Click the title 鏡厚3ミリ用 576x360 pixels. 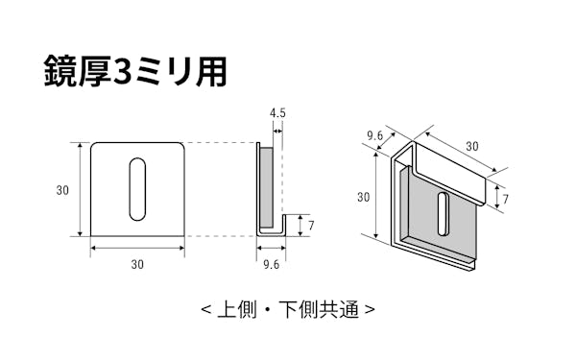pos(134,71)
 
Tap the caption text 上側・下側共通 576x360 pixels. pos(288,310)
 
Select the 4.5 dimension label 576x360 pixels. pos(277,113)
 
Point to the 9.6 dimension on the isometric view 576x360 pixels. pos(375,135)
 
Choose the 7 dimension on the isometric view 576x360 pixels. pos(506,200)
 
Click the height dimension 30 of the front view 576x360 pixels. pos(62,190)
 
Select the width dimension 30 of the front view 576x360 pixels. pos(138,262)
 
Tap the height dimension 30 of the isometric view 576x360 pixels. pos(363,198)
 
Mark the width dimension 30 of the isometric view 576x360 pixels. pos(471,147)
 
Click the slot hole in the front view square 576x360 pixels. pos(138,188)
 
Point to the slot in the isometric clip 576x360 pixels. pos(443,212)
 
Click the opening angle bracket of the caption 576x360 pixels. pos(206,311)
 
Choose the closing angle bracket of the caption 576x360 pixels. pos(371,311)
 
